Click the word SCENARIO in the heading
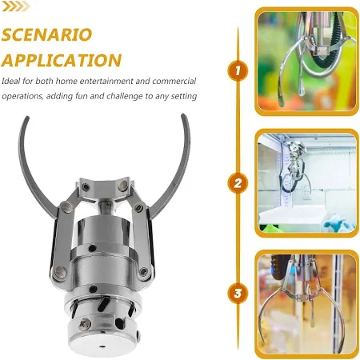[47, 34]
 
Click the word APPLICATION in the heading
[62, 60]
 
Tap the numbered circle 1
[238, 71]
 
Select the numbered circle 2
[238, 183]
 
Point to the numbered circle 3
[238, 294]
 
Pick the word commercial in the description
[174, 81]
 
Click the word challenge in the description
[125, 96]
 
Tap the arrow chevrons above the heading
[16, 6]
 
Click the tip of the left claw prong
[27, 117]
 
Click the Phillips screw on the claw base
[84, 325]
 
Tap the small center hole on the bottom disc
[102, 347]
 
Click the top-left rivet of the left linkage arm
[66, 206]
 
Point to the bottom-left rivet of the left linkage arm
[61, 272]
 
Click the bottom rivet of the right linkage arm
[143, 272]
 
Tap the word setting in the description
[184, 96]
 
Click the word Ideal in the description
[10, 81]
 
